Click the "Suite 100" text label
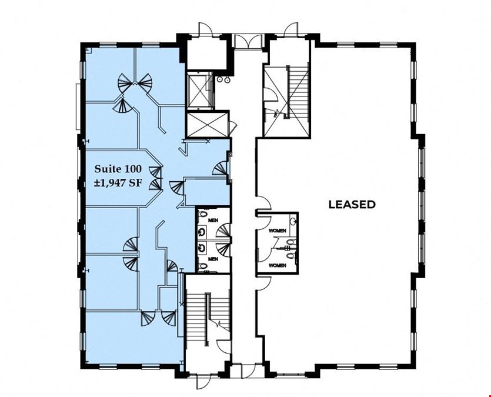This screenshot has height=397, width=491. pyautogui.click(x=118, y=169)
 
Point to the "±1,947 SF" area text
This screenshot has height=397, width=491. pyautogui.click(x=118, y=182)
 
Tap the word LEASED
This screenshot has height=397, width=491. pyautogui.click(x=352, y=205)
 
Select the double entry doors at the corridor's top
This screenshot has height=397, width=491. pyautogui.click(x=248, y=41)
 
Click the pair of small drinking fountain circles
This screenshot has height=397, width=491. pyautogui.click(x=223, y=80)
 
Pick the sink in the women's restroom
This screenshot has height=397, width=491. pyautogui.click(x=293, y=221)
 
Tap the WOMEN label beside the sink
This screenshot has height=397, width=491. pyautogui.click(x=277, y=231)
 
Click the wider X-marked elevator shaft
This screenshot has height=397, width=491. pyautogui.click(x=206, y=124)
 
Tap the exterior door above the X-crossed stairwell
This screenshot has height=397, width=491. pyautogui.click(x=290, y=30)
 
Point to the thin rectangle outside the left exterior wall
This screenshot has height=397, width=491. pyautogui.click(x=78, y=106)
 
